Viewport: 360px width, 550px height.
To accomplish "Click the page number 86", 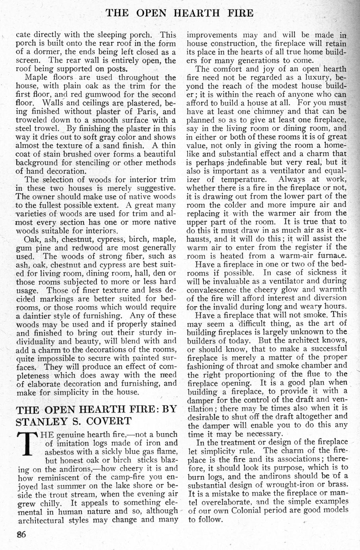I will [21, 535].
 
